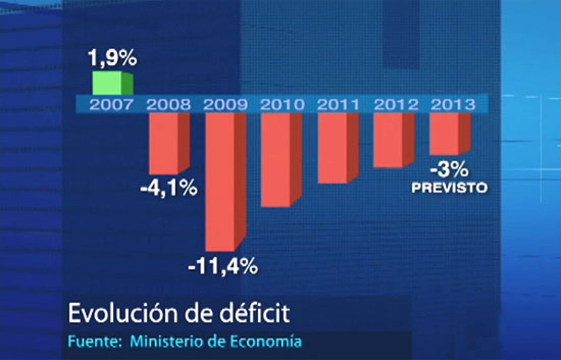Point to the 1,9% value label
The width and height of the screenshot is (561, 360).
coord(112,58)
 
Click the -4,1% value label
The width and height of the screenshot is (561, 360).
coord(169,189)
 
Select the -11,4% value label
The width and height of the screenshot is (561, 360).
coord(223,267)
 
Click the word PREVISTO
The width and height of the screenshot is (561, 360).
coord(449,188)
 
